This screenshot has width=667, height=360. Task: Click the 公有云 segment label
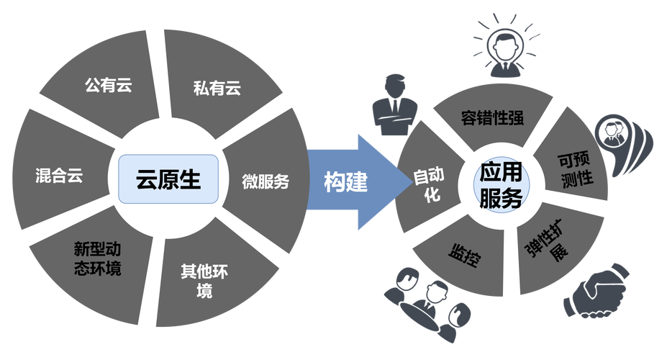pos(109,85)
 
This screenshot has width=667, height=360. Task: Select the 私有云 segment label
pos(217,88)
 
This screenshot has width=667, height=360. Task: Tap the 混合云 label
pos(59,175)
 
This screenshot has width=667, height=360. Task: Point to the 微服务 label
pos(266,181)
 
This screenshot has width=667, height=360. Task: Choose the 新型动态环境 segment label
pos(97,258)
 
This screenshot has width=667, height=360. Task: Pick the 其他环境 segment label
pos(204,281)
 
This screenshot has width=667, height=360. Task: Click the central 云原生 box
pos(168,179)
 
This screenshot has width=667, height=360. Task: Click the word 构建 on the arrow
pos(345,182)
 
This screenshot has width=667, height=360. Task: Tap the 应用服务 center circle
pos(502,185)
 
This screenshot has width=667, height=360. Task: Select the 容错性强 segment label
pos(492,118)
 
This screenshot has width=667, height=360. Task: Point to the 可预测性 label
pos(576,170)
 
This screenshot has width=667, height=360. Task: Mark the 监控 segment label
pos(465,254)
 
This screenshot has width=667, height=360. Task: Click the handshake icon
pos(596,290)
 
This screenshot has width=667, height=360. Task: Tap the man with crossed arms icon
pos(395,105)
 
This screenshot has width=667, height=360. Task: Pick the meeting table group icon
pos(427,304)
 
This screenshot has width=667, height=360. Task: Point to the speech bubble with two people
pos(622,144)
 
